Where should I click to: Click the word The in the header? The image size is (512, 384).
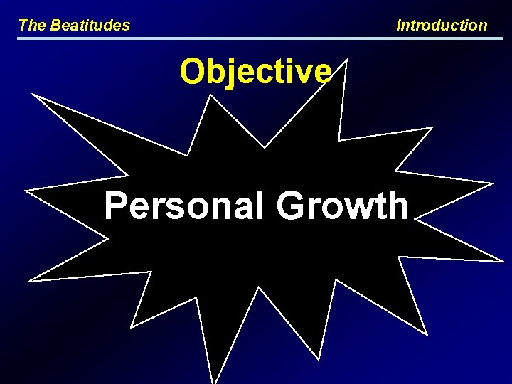[31, 26]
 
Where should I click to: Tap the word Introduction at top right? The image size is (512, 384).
[442, 26]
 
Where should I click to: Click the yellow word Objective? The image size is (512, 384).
[255, 71]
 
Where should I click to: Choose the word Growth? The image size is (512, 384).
[343, 206]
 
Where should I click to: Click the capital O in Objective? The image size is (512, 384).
[193, 71]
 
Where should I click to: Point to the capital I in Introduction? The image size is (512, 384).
[399, 26]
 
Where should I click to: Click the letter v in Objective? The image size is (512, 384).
[304, 73]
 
